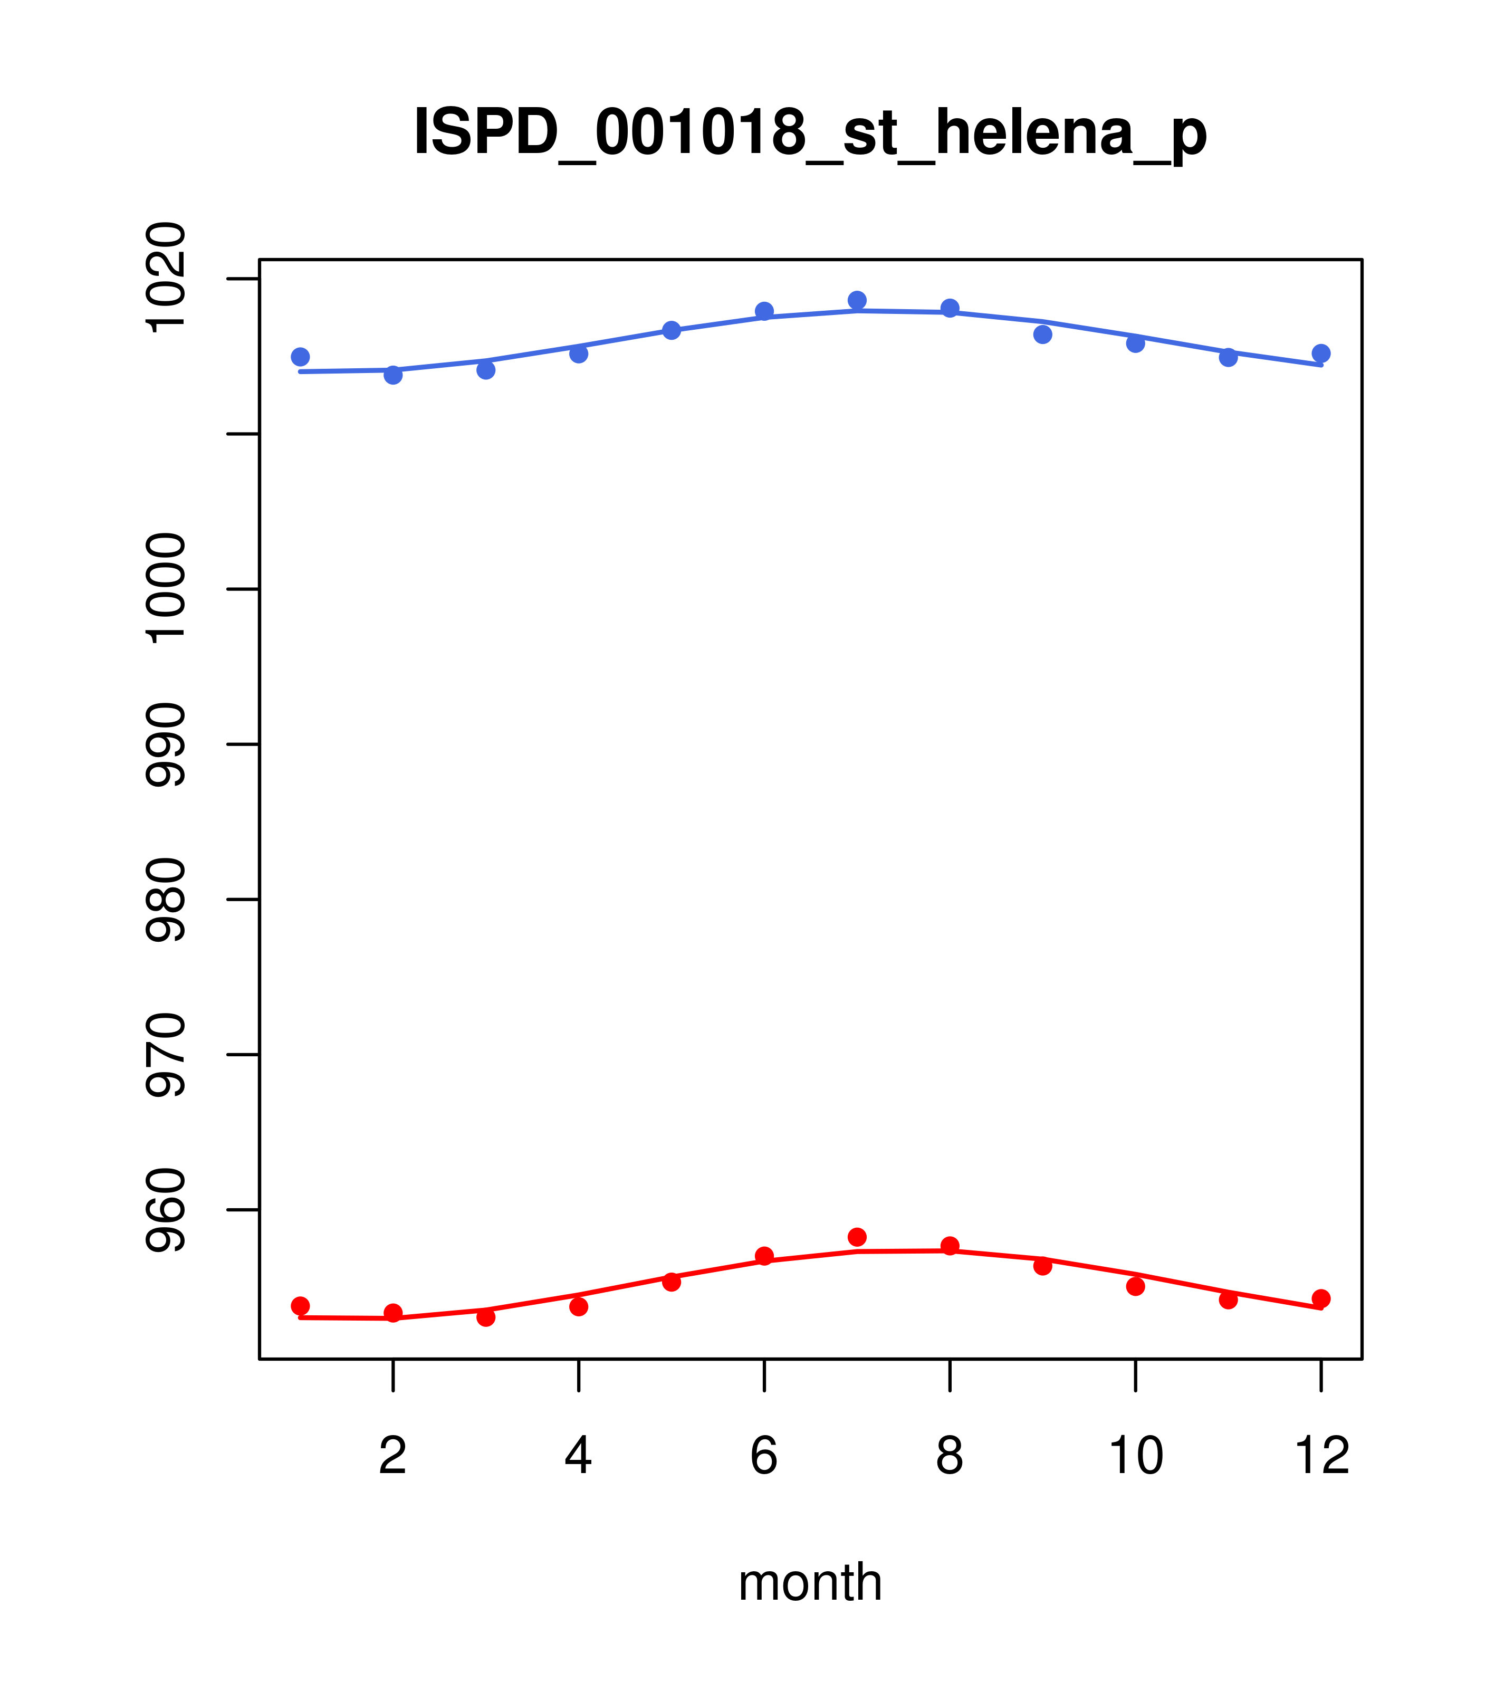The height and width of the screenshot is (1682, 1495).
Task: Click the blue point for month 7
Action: (x=857, y=300)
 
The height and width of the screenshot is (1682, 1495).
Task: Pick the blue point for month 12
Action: (x=1321, y=354)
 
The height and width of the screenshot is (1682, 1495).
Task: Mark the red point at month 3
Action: (x=486, y=1317)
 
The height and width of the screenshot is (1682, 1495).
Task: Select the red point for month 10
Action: (x=1135, y=1286)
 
